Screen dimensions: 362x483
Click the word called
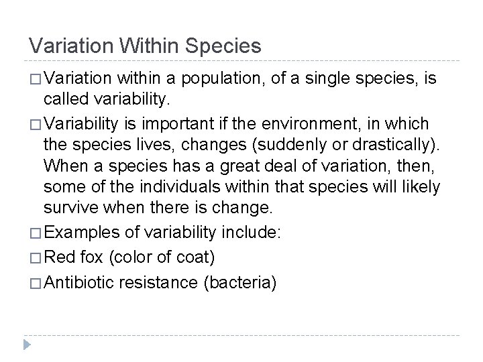click(x=62, y=100)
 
